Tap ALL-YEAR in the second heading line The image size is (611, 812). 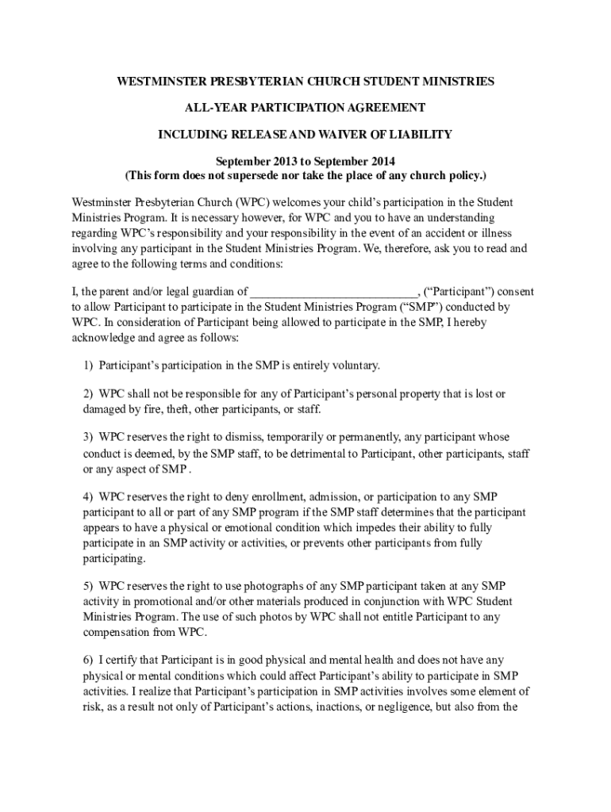(x=211, y=108)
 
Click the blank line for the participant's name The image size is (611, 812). (x=333, y=292)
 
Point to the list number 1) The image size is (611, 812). (x=89, y=366)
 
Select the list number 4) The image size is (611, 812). (x=89, y=497)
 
